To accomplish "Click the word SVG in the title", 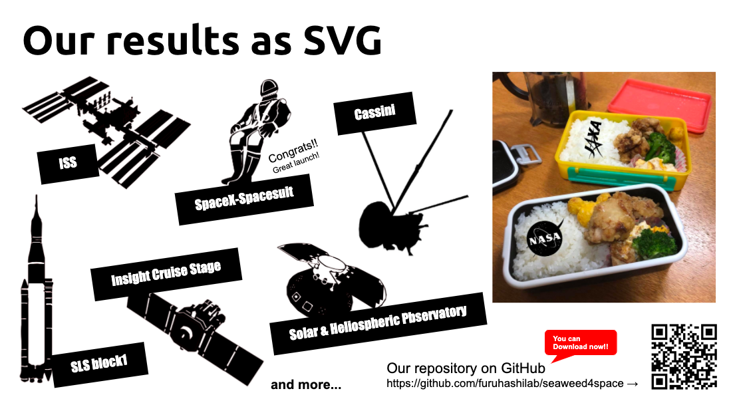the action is (x=342, y=41).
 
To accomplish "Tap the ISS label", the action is (x=69, y=164).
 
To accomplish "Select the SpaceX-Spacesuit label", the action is (x=244, y=199).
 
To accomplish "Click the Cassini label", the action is (x=374, y=113).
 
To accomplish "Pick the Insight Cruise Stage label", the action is (x=166, y=273).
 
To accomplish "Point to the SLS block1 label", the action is (x=100, y=364).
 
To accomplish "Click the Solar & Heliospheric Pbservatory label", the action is (x=378, y=323).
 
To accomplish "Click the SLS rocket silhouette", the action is (x=36, y=297).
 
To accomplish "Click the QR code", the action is (x=684, y=356).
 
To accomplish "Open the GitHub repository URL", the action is (x=505, y=383).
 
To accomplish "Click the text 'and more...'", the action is (x=306, y=384).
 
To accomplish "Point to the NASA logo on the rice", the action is (x=545, y=238).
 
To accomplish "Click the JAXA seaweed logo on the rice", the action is (x=594, y=138).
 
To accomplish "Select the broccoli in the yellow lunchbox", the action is (x=660, y=146).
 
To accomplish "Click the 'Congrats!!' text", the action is (x=293, y=150).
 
